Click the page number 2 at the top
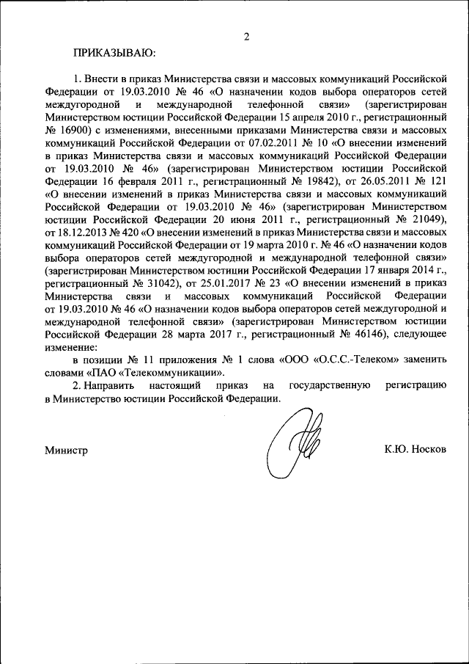(247, 37)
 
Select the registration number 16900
(74, 128)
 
